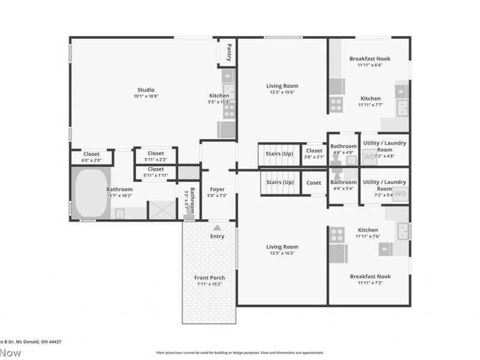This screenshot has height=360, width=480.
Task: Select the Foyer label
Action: (x=217, y=190)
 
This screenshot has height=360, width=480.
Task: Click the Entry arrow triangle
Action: (x=217, y=227)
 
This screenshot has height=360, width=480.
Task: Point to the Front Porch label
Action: (x=209, y=278)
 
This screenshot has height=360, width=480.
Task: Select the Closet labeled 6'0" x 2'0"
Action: (x=91, y=154)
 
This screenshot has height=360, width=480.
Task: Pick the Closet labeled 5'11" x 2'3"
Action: (x=155, y=153)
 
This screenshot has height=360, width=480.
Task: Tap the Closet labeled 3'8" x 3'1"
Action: (x=314, y=152)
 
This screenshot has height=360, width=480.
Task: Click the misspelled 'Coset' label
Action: (x=314, y=182)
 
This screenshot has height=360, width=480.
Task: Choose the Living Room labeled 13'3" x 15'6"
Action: (x=282, y=86)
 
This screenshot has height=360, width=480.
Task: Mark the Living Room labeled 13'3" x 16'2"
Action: (x=282, y=247)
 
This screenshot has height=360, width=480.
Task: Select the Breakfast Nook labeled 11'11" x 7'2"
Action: (x=370, y=277)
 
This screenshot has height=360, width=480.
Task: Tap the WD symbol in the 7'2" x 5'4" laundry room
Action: (x=400, y=193)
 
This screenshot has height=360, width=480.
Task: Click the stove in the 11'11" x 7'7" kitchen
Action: (x=336, y=105)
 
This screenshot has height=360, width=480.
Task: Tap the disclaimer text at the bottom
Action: (x=240, y=353)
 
